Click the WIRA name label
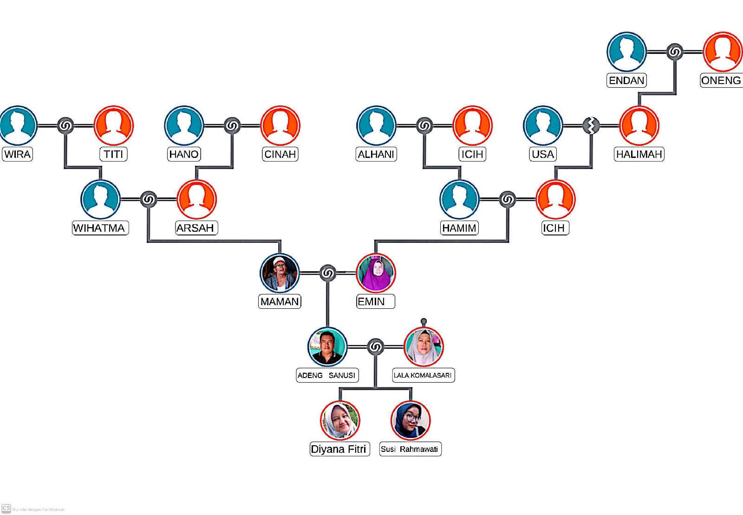18,154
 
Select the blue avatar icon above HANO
184,125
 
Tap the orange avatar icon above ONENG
723,52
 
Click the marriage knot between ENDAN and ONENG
675,52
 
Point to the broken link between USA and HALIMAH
591,125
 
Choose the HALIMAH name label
639,154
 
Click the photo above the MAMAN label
280,273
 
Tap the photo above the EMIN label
376,273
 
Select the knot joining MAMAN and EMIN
328,273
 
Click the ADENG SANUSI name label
327,375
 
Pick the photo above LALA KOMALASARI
424,347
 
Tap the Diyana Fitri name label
339,449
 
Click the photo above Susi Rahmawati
411,420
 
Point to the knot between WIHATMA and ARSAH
148,200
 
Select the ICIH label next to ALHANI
472,154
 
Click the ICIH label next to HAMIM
554,228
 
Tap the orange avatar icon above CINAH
280,125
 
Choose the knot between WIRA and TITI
65,125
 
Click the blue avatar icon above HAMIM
459,199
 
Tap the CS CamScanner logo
6,508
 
